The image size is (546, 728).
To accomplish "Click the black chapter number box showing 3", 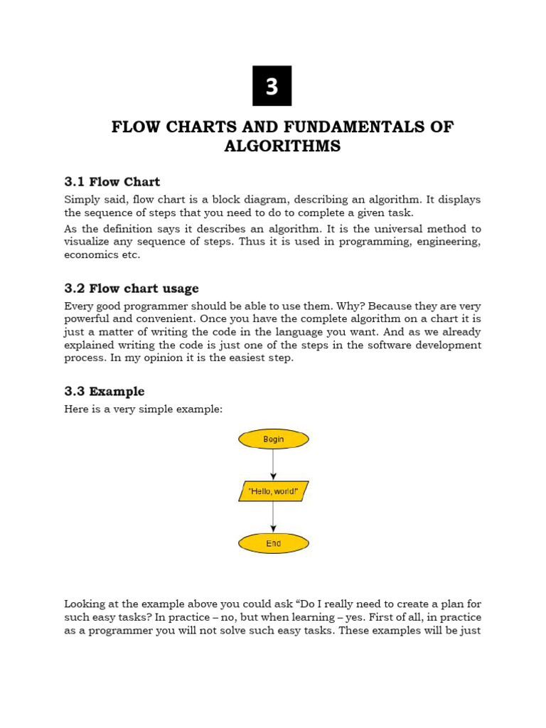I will (272, 86).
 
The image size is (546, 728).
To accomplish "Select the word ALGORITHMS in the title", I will (282, 146).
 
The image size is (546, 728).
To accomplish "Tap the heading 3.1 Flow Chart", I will (112, 182).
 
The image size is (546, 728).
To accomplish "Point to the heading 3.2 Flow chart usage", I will (131, 289).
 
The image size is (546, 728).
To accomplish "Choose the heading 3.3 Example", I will (104, 392).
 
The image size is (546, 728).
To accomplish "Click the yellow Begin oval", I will (273, 439).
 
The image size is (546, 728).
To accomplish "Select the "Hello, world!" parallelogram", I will (273, 491).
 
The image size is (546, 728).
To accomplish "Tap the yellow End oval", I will (273, 544).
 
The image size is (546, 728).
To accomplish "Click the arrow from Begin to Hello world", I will (273, 465).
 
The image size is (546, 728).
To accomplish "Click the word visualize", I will (89, 242).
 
